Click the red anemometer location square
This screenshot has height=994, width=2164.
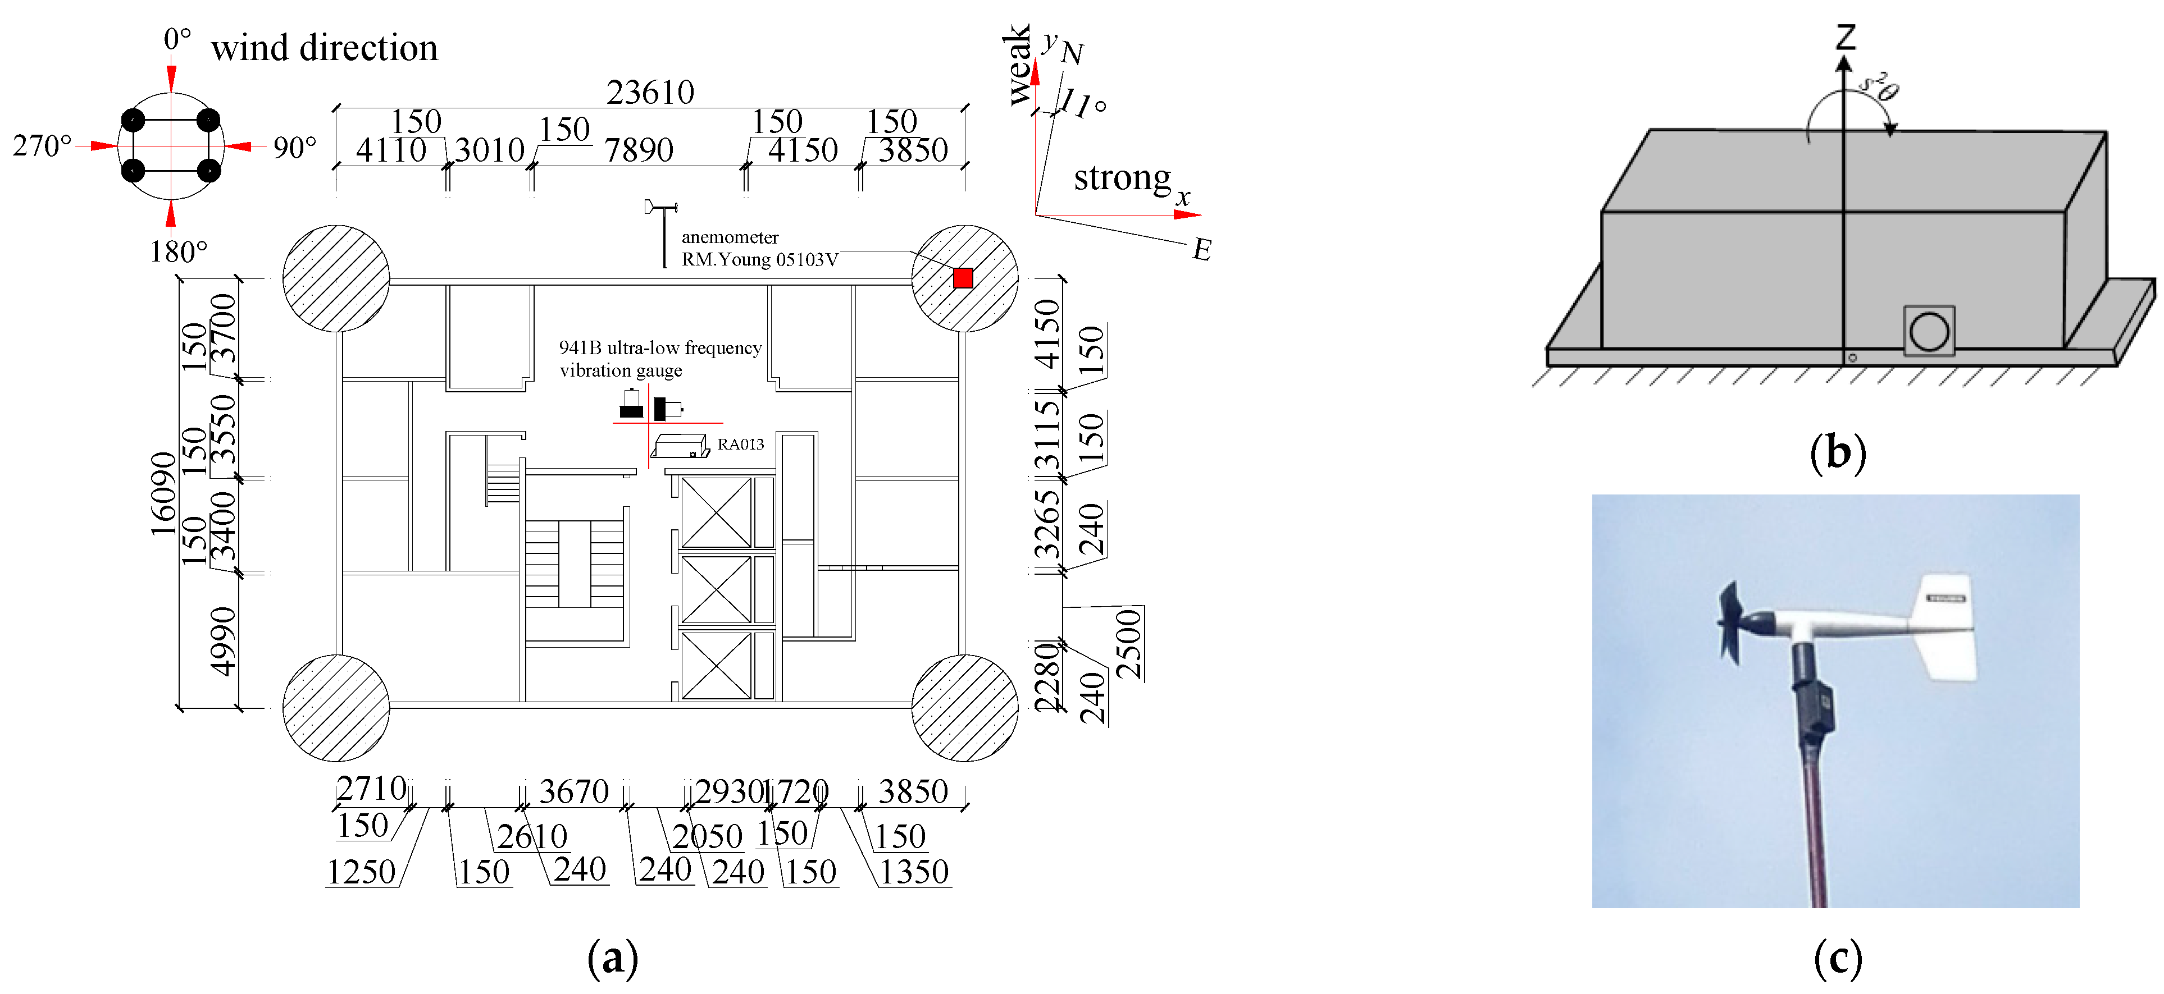pyautogui.click(x=963, y=278)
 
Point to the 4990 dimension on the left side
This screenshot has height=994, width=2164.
pyautogui.click(x=222, y=640)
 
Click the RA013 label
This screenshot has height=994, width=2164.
pyautogui.click(x=740, y=444)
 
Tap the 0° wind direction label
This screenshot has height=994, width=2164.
pyautogui.click(x=177, y=39)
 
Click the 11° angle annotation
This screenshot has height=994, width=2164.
pyautogui.click(x=1083, y=105)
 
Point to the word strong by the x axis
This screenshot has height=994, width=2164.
pyautogui.click(x=1122, y=178)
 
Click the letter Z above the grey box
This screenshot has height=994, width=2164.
pyautogui.click(x=1845, y=37)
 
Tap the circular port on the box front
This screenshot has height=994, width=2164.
pyautogui.click(x=1929, y=332)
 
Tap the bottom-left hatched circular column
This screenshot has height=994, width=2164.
pyautogui.click(x=336, y=708)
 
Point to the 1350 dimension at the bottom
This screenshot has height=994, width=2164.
pyautogui.click(x=913, y=872)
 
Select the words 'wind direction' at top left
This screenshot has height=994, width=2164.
pyautogui.click(x=324, y=48)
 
